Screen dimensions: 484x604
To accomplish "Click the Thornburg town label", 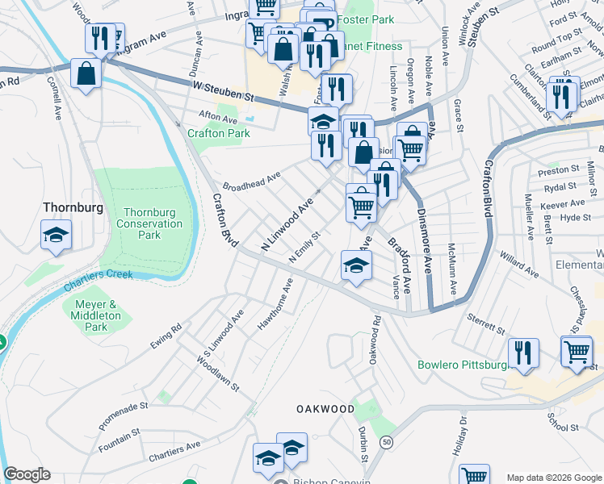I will click(x=73, y=207).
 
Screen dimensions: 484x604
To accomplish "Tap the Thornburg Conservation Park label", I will click(x=149, y=223).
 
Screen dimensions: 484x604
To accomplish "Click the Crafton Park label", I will click(x=218, y=133).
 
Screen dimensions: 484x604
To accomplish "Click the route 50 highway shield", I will click(x=388, y=442).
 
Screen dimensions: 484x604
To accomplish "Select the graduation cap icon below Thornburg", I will click(x=56, y=236).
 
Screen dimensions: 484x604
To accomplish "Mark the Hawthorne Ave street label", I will click(x=275, y=306).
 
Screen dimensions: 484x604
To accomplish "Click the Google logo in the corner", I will click(x=27, y=474).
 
